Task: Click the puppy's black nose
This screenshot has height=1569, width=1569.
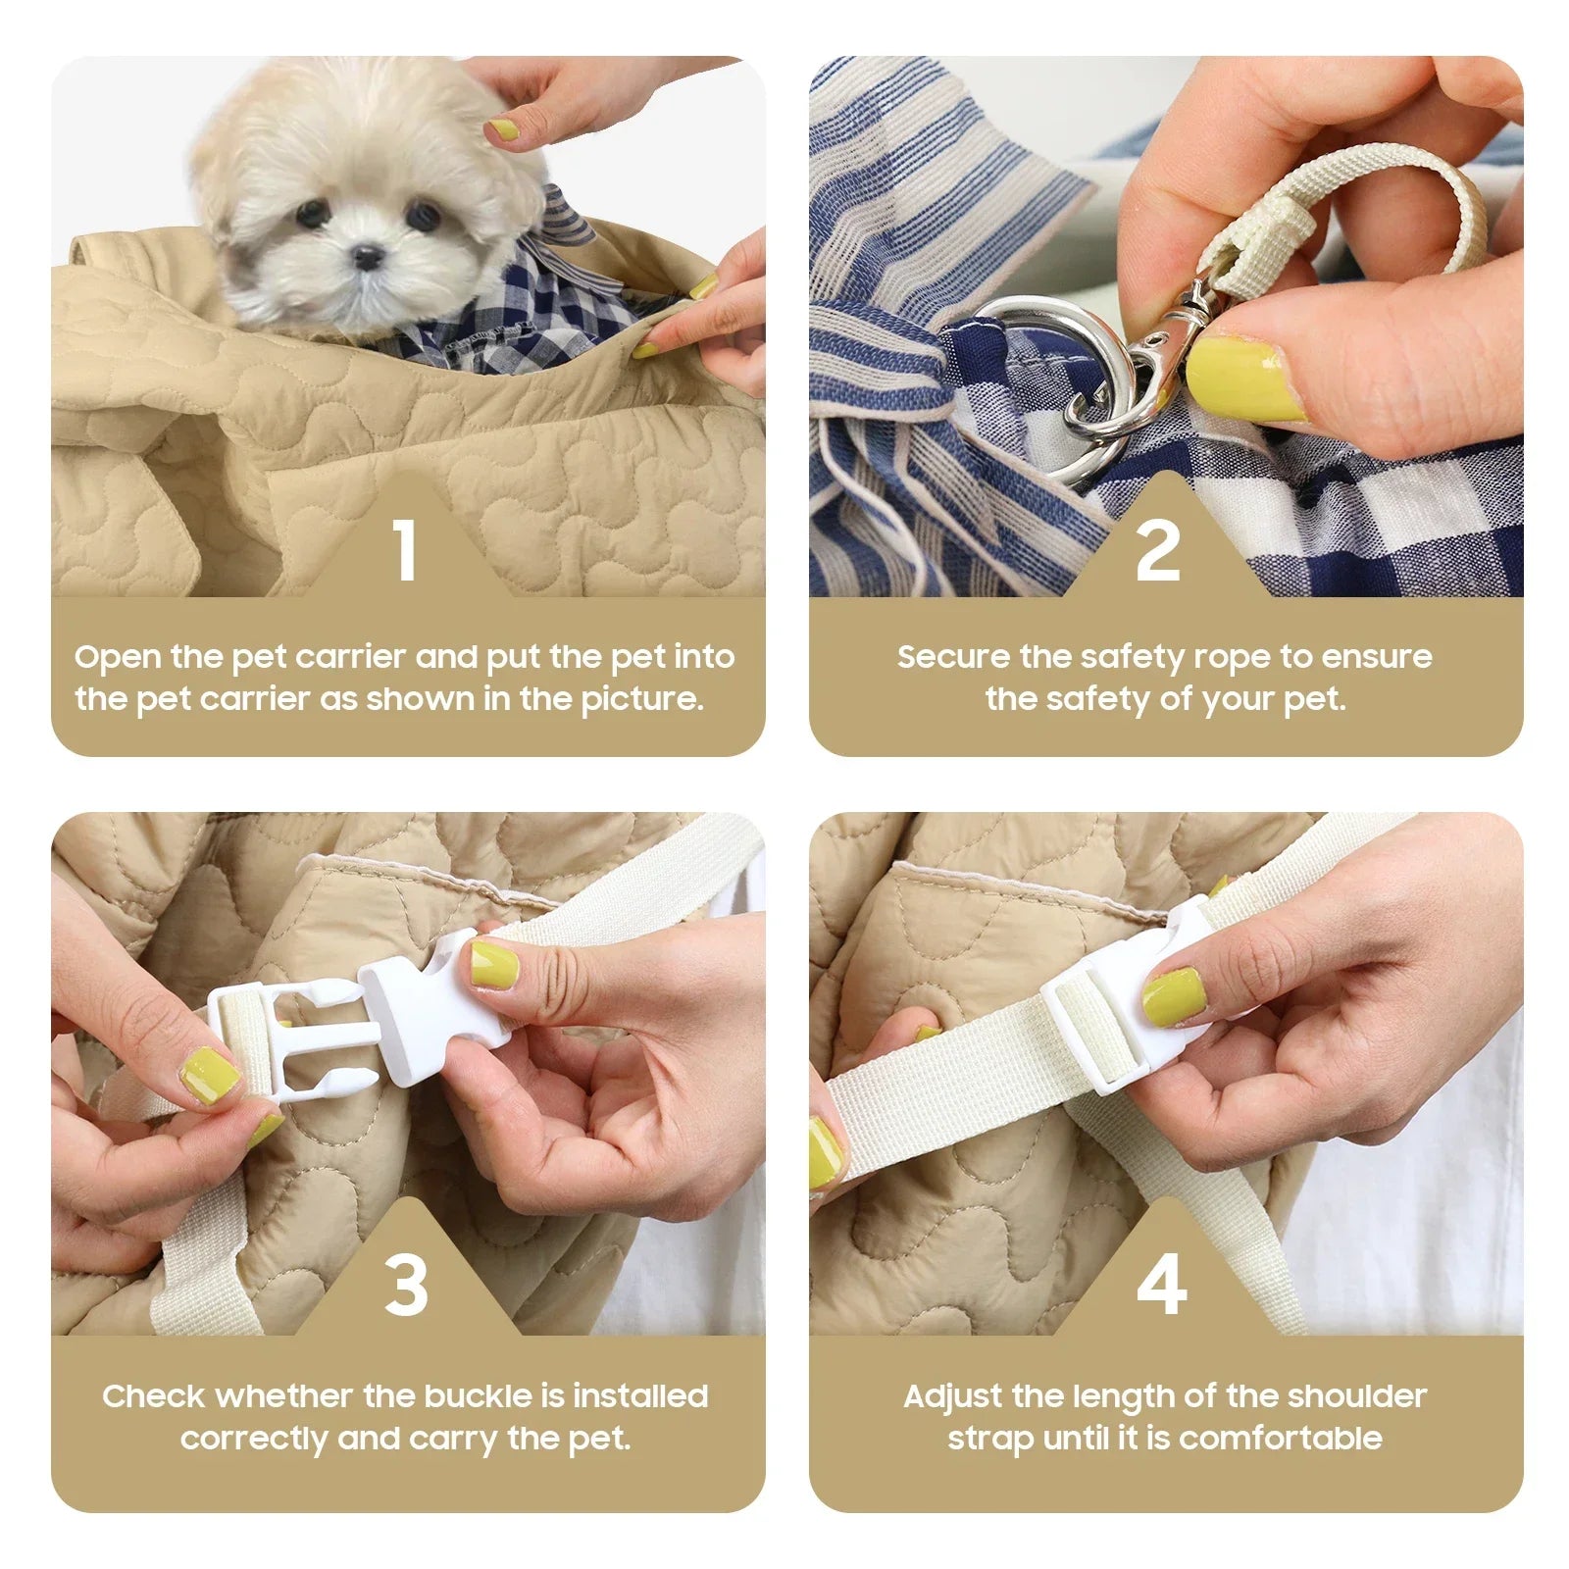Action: (x=369, y=258)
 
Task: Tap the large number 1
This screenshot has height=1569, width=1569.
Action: (x=405, y=549)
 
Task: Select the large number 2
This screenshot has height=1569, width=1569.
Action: (x=1158, y=550)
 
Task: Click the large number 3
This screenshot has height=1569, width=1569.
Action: (x=406, y=1285)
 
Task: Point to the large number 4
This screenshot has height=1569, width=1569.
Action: (x=1161, y=1285)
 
